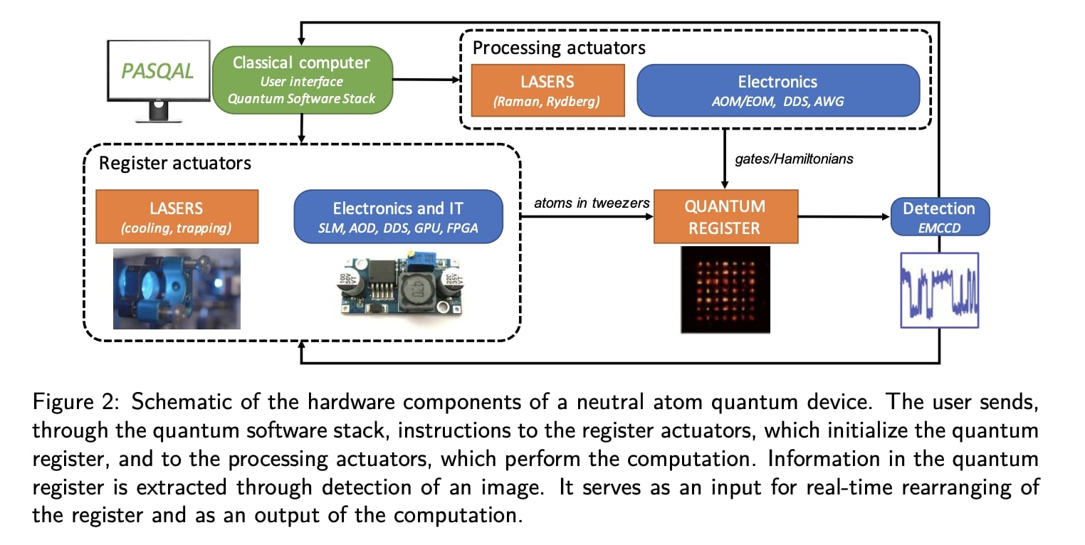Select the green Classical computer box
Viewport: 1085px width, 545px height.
(x=302, y=80)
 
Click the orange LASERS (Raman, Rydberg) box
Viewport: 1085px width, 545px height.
(x=547, y=90)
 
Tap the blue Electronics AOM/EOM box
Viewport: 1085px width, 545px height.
(x=777, y=90)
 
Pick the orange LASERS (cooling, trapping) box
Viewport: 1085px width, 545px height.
(x=177, y=216)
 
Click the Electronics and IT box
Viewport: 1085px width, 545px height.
(x=398, y=216)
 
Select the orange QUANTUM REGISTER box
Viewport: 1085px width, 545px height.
(x=725, y=217)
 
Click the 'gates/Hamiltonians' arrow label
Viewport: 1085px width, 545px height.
(x=793, y=159)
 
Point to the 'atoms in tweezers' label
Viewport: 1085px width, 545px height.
(x=592, y=203)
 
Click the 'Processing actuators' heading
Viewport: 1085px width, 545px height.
(x=559, y=48)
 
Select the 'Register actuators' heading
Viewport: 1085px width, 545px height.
(x=174, y=163)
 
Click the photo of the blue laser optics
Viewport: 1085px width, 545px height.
(x=177, y=288)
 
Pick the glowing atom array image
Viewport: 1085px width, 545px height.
(x=725, y=290)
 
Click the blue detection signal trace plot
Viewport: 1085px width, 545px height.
(x=939, y=290)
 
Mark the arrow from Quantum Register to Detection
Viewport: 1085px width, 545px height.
(x=844, y=216)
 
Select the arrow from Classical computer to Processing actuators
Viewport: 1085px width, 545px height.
(x=427, y=80)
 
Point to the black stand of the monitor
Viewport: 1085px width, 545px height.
(x=157, y=112)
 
